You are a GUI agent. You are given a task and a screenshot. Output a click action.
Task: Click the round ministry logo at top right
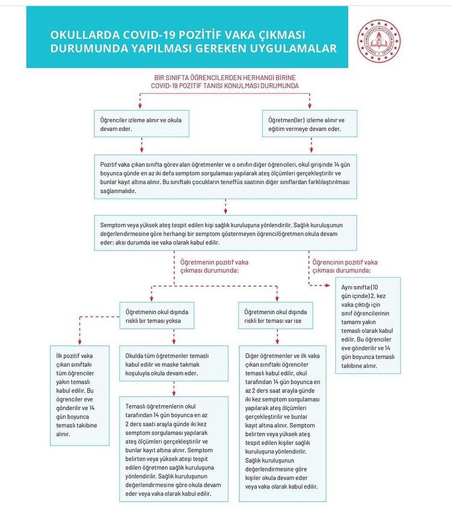pos(379,40)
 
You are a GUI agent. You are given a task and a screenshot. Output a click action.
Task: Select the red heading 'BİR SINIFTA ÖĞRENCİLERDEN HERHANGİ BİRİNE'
pos(225,78)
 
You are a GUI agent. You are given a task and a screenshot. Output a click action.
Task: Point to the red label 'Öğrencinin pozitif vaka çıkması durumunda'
pos(345,266)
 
